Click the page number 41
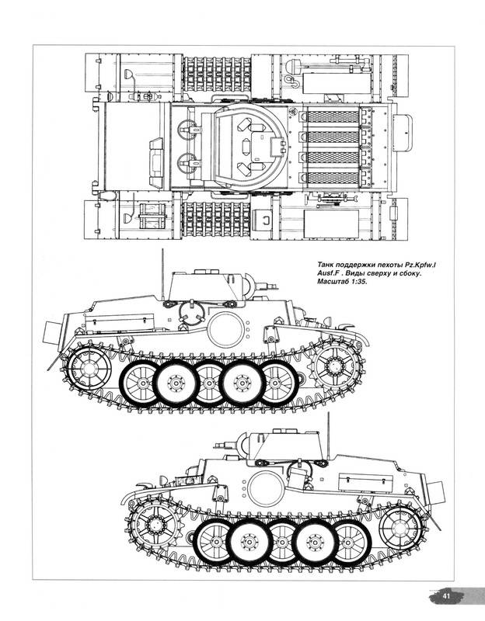[447, 596]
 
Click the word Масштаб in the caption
[331, 282]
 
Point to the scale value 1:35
[357, 282]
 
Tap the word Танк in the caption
[326, 265]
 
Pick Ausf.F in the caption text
[329, 273]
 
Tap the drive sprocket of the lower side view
[154, 523]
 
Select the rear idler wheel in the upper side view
[89, 369]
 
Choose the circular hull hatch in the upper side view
[225, 329]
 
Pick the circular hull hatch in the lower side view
[265, 489]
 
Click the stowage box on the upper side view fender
[120, 323]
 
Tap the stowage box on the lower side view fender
[364, 481]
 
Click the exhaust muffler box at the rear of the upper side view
[51, 332]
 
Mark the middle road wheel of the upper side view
[208, 383]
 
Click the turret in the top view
[244, 147]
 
